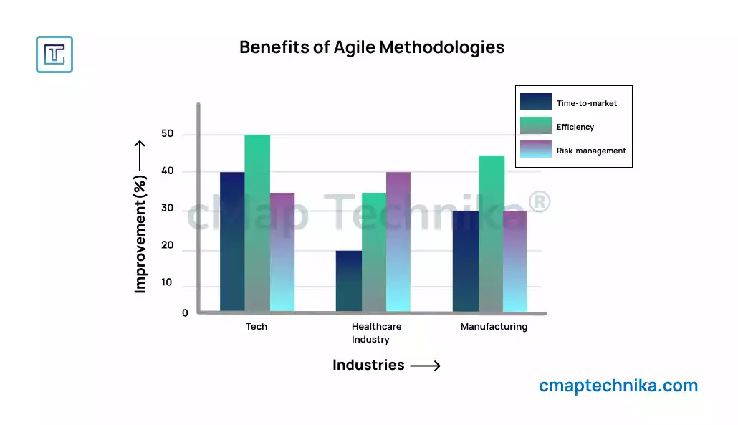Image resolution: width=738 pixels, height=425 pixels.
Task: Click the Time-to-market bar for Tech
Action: [x=232, y=242]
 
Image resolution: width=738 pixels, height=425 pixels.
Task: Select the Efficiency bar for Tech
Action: [x=257, y=223]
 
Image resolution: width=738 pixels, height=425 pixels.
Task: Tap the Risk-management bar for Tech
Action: [x=282, y=252]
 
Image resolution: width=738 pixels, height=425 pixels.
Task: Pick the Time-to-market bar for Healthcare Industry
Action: [x=349, y=281]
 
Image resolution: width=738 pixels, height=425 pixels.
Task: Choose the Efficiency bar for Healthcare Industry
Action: [x=374, y=252]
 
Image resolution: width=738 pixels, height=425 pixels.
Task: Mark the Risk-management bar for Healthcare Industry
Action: [x=398, y=242]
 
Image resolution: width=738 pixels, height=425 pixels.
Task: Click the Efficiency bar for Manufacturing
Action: [x=492, y=234]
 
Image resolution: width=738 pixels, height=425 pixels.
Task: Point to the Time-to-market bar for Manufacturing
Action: [x=466, y=262]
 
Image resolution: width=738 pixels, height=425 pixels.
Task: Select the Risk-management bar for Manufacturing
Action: [x=515, y=262]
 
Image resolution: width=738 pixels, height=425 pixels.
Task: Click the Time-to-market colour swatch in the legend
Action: [x=536, y=102]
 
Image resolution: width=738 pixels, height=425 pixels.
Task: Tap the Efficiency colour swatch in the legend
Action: [x=536, y=126]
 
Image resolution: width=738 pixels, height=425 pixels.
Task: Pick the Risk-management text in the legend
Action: [x=591, y=151]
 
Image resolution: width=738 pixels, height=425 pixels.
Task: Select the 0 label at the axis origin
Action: [x=185, y=313]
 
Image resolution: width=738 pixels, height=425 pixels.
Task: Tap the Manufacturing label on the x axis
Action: [x=494, y=327]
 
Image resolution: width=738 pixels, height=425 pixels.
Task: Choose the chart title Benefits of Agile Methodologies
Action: [x=372, y=47]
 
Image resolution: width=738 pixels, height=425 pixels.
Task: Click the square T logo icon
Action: [x=54, y=54]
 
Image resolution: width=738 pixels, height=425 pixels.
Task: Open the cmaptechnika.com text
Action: [x=618, y=386]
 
